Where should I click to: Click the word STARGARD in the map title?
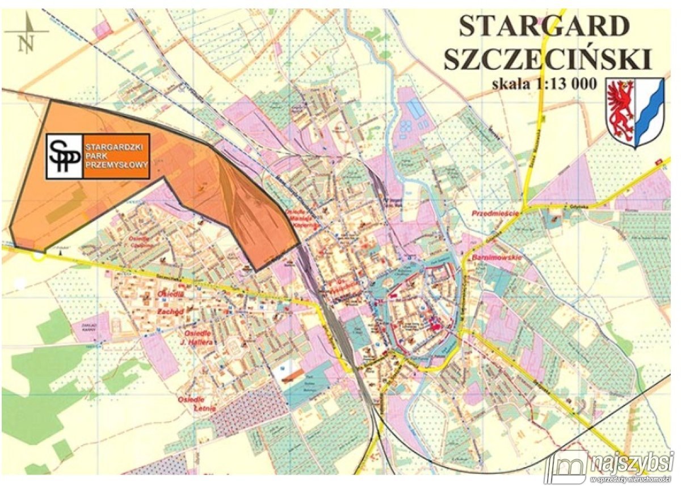coord(544,26)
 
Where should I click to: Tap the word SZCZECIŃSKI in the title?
coord(547,58)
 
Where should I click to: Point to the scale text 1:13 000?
coord(566,84)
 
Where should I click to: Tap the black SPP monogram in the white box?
coord(64,156)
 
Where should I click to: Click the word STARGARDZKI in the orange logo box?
coord(116,146)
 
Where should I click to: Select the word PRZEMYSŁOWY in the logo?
coord(116,165)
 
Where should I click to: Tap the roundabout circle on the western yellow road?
coord(37,256)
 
